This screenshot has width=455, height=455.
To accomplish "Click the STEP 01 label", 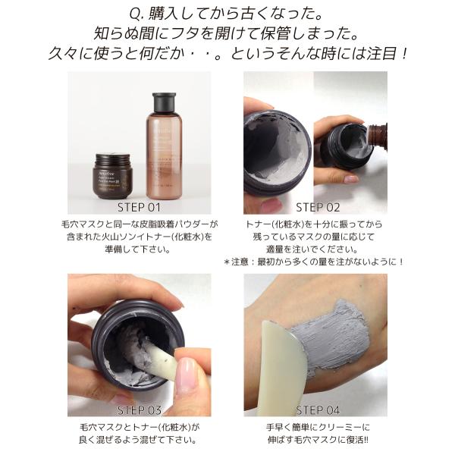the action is coord(139,207).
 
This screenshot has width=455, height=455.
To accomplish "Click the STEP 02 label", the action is coord(317,207).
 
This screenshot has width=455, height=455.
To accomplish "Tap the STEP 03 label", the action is coord(139,410).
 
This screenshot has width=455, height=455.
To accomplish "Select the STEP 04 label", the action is coord(317,410).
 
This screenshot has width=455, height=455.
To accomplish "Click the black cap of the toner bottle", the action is coord(165,102).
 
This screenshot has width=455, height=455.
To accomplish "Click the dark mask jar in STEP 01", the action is coord(112,177).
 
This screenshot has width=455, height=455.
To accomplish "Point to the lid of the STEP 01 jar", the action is coord(112,158).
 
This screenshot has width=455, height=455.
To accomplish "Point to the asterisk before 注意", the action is coord(227,262).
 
